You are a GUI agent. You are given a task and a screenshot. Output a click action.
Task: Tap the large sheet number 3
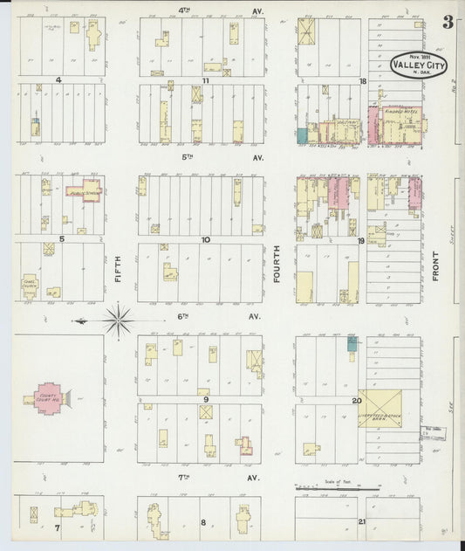(448, 22)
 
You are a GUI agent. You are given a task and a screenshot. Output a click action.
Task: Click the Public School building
(85, 190)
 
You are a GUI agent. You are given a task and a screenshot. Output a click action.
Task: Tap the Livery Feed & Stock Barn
(379, 409)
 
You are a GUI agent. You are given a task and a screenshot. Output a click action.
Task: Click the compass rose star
(118, 320)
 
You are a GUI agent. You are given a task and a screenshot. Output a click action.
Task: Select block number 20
(357, 401)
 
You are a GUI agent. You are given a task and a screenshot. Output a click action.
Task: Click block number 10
(206, 238)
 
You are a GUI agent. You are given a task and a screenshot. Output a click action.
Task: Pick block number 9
(206, 400)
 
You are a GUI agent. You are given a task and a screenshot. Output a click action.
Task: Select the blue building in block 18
(302, 136)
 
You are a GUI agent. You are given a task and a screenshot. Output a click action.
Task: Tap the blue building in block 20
(352, 344)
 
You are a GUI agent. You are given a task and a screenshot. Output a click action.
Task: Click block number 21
(362, 521)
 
